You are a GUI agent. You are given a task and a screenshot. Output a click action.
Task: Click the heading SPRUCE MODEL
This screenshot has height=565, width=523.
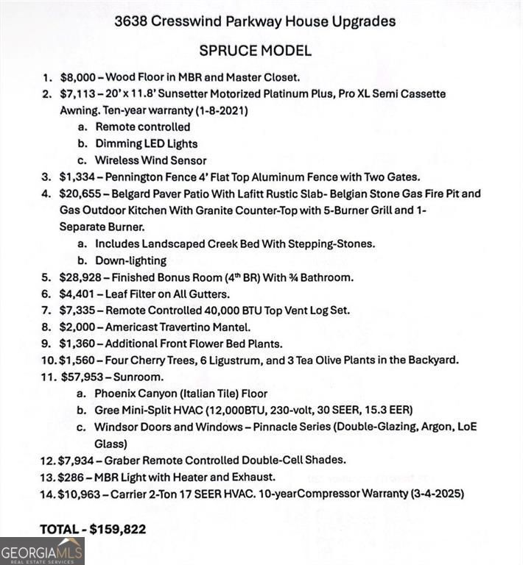(255, 51)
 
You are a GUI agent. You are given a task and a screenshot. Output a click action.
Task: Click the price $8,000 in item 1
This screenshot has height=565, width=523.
(77, 77)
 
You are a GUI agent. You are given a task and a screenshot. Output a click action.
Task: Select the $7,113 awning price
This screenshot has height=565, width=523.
(76, 94)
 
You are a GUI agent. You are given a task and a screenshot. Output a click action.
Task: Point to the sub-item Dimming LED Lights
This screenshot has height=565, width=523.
(146, 143)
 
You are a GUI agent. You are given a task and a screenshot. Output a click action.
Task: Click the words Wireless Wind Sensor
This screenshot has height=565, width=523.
(150, 160)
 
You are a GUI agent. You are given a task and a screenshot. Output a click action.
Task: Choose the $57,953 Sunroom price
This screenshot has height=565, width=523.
(81, 377)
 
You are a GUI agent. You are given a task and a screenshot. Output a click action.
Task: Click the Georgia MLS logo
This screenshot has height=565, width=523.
(42, 551)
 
